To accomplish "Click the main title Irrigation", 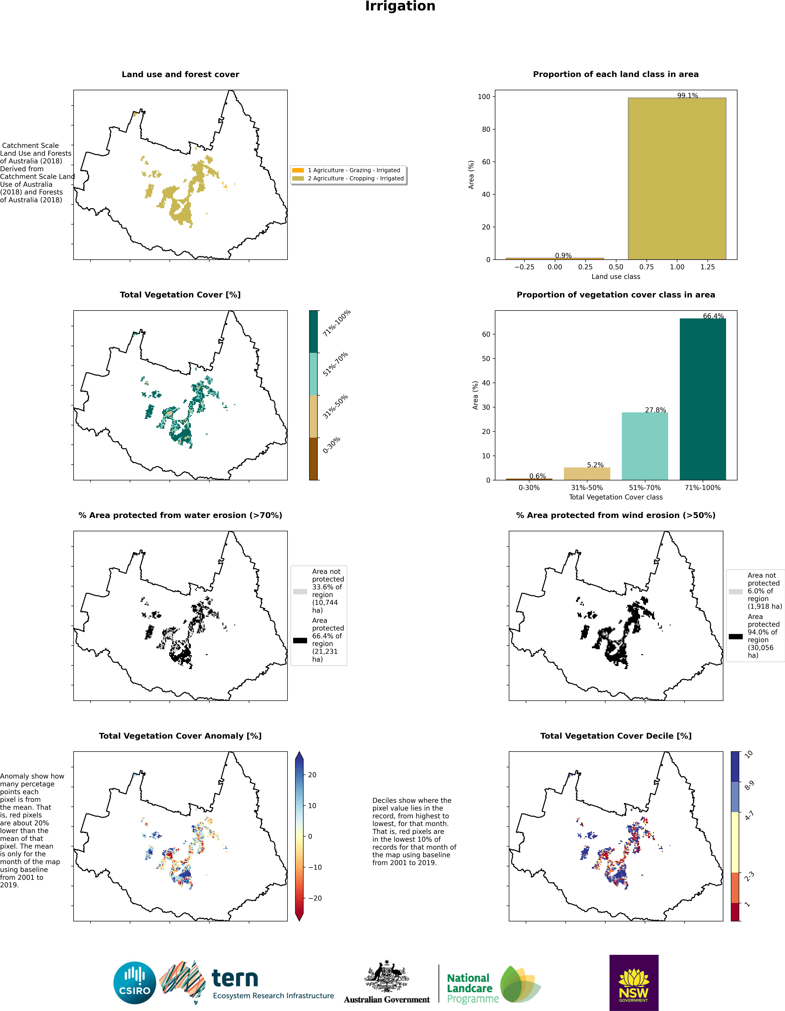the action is (x=400, y=6).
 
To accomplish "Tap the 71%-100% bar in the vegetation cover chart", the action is (x=703, y=399).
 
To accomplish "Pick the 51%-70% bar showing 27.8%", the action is (x=645, y=446).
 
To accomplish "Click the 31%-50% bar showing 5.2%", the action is (x=587, y=473).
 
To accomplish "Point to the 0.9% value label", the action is (x=563, y=256).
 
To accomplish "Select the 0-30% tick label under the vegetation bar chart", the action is (x=529, y=487).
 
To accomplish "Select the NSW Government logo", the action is (x=634, y=982).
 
